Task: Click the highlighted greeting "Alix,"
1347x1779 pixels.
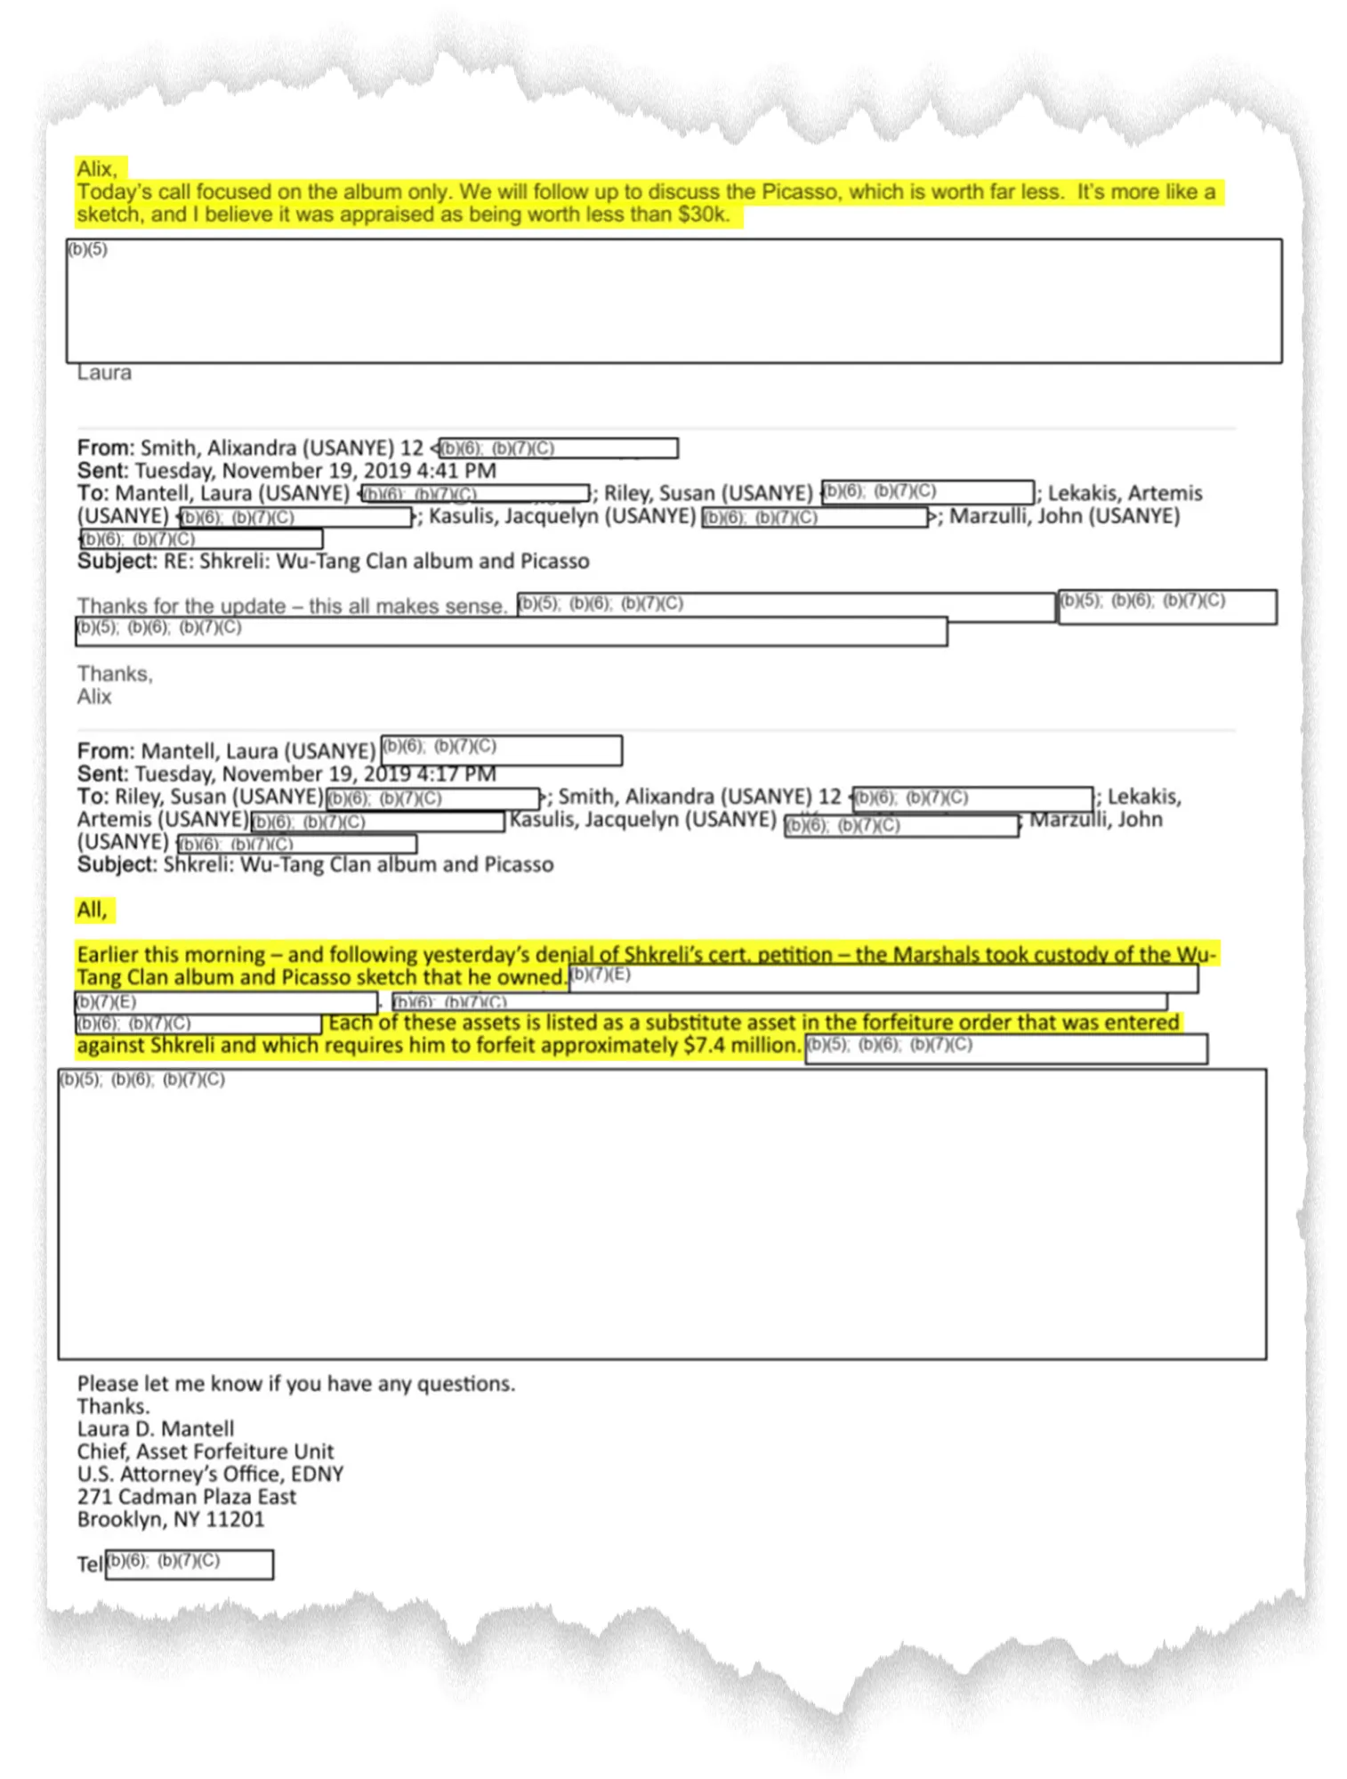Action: point(96,168)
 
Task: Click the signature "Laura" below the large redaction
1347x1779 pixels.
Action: point(104,373)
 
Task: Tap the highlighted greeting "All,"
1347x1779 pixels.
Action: point(92,910)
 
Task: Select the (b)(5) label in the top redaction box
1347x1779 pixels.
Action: point(88,249)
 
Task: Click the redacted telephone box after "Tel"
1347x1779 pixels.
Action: point(190,1564)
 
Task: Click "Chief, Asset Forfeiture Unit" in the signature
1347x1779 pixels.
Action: point(206,1452)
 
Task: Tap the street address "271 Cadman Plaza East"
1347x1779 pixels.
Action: point(187,1497)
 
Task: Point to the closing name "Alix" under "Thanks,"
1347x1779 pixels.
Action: point(94,697)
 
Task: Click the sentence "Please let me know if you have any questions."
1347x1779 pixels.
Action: point(296,1384)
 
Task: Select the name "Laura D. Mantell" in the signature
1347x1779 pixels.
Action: point(156,1429)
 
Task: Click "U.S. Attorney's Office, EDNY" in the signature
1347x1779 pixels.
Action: point(210,1474)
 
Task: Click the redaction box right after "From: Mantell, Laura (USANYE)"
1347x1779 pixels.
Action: point(501,750)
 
